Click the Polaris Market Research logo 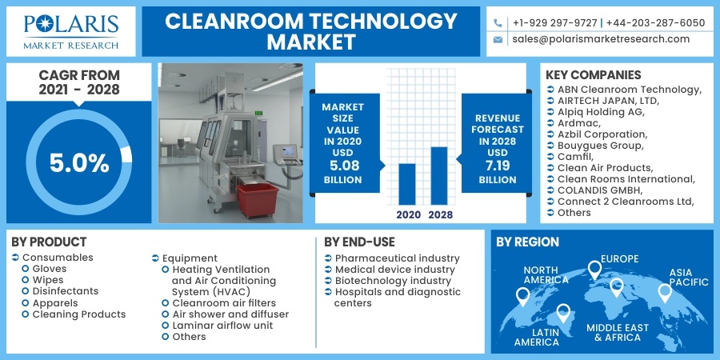point(71,31)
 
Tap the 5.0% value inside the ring point(78,163)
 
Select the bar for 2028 point(438,176)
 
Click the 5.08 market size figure point(342,166)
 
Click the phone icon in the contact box point(498,23)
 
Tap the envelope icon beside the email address point(498,39)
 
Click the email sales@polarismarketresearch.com point(600,39)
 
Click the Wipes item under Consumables point(48,281)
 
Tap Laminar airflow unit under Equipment point(222,326)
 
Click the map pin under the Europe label point(594,270)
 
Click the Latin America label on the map point(536,337)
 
